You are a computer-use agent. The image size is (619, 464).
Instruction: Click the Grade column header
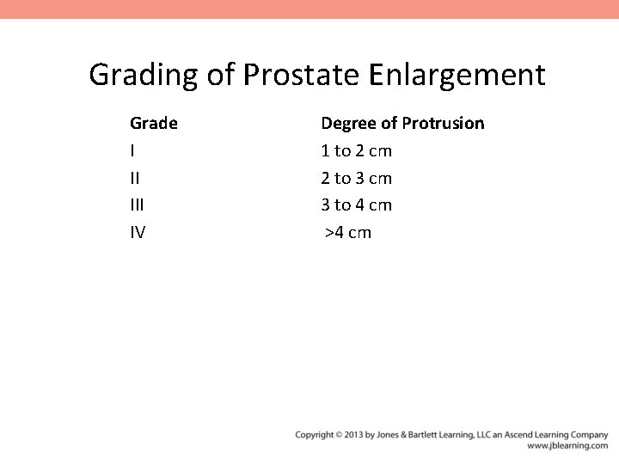click(x=154, y=124)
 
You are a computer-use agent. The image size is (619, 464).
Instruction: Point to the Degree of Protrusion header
click(x=402, y=124)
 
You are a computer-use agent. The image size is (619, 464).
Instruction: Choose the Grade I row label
click(x=132, y=151)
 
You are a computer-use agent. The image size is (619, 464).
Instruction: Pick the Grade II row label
click(x=134, y=178)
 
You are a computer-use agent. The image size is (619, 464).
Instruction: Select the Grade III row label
click(x=137, y=205)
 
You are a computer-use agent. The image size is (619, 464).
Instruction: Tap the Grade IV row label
click(x=138, y=232)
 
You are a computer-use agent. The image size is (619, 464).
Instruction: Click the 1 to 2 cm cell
click(x=356, y=151)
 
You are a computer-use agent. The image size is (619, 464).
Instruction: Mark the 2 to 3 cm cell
click(x=356, y=178)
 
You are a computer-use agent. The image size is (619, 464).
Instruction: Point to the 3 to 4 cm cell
click(x=356, y=205)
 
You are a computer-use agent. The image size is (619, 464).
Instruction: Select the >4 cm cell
click(x=348, y=232)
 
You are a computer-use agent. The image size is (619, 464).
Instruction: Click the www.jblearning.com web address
click(x=567, y=446)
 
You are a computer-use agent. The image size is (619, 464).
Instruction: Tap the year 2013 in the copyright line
click(x=352, y=435)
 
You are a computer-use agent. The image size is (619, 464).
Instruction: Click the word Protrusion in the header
click(x=443, y=124)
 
